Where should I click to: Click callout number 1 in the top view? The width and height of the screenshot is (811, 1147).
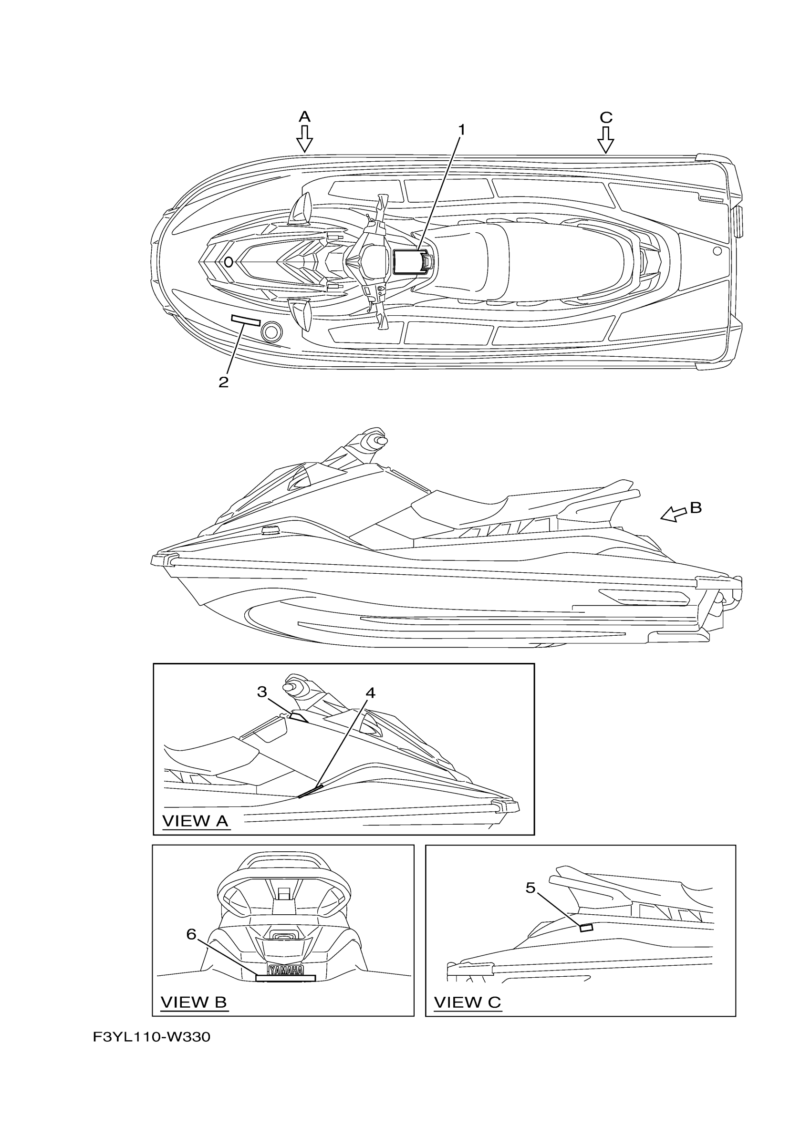pyautogui.click(x=462, y=130)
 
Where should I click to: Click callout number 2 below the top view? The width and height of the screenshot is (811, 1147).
pyautogui.click(x=223, y=382)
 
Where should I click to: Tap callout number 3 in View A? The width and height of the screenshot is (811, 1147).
pyautogui.click(x=262, y=692)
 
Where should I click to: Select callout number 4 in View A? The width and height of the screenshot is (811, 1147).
pyautogui.click(x=370, y=693)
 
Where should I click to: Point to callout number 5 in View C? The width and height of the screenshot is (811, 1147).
pyautogui.click(x=530, y=888)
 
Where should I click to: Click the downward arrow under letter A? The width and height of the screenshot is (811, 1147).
pyautogui.click(x=304, y=138)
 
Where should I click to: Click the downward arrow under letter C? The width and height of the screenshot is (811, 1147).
pyautogui.click(x=606, y=139)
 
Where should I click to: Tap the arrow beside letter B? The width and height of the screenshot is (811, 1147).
pyautogui.click(x=674, y=514)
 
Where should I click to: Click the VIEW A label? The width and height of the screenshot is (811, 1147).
pyautogui.click(x=196, y=821)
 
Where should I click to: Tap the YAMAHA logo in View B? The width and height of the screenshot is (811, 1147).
pyautogui.click(x=286, y=970)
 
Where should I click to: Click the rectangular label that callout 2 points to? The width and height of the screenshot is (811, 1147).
pyautogui.click(x=245, y=320)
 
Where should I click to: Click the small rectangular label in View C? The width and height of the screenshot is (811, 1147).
pyautogui.click(x=586, y=928)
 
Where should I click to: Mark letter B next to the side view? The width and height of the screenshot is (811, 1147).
pyautogui.click(x=696, y=507)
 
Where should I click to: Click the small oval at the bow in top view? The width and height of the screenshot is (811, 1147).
pyautogui.click(x=229, y=262)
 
